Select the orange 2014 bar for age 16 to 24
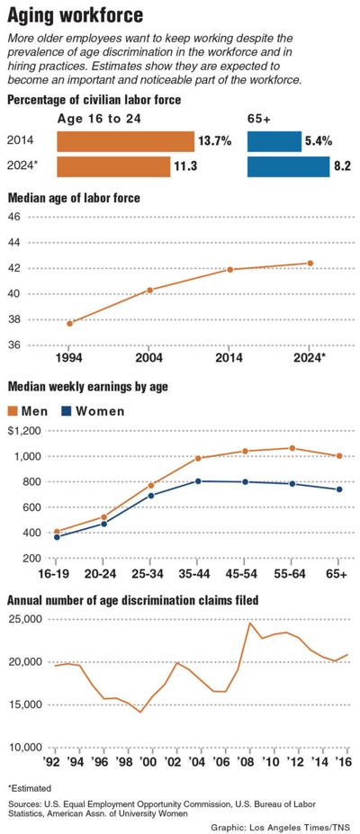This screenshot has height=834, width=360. pos(125,141)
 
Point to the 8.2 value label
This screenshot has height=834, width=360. pos(344,167)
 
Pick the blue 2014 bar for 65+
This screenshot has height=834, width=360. pos(274,141)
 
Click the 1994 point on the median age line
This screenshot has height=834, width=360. pos(69,323)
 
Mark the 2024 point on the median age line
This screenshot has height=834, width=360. pos(310,264)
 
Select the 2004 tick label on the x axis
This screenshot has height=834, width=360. pos(149,357)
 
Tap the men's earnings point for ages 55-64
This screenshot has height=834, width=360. pos(291,448)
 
